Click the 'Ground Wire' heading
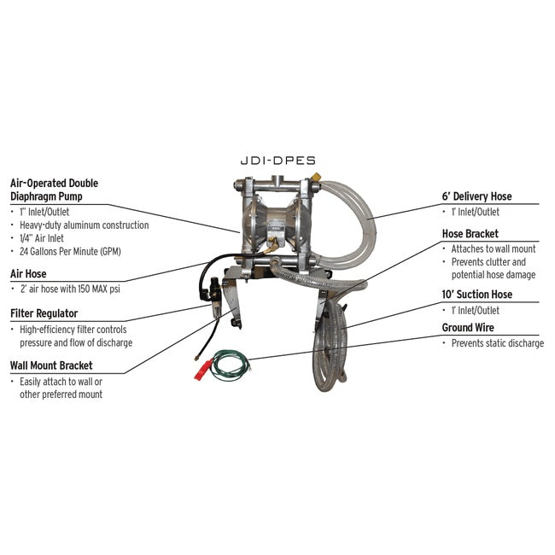tap(468, 327)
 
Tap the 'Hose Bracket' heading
tap(470, 233)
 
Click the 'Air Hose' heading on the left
tap(28, 274)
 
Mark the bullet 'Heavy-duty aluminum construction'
tap(84, 225)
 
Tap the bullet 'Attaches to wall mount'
tap(494, 248)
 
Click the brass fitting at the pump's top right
tap(316, 178)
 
